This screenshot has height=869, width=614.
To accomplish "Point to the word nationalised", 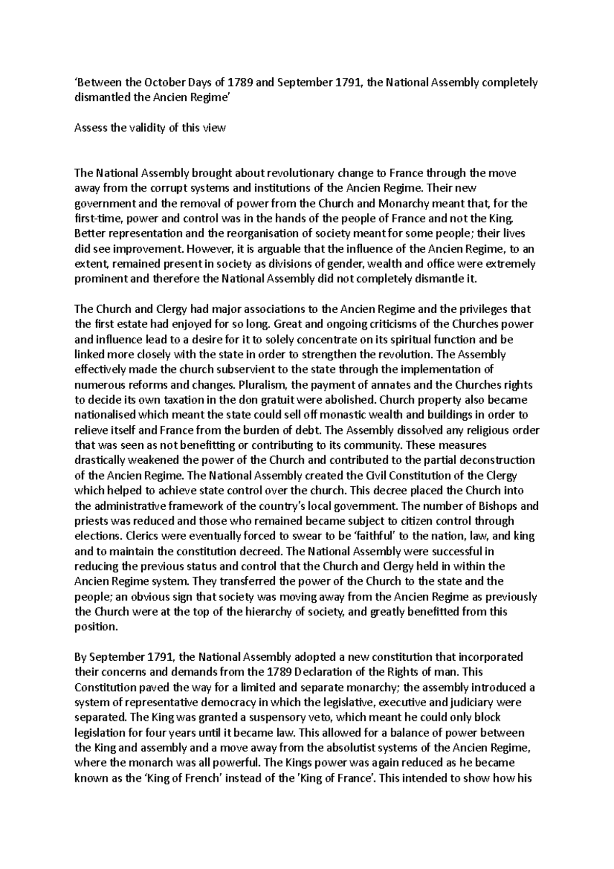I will [104, 415].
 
